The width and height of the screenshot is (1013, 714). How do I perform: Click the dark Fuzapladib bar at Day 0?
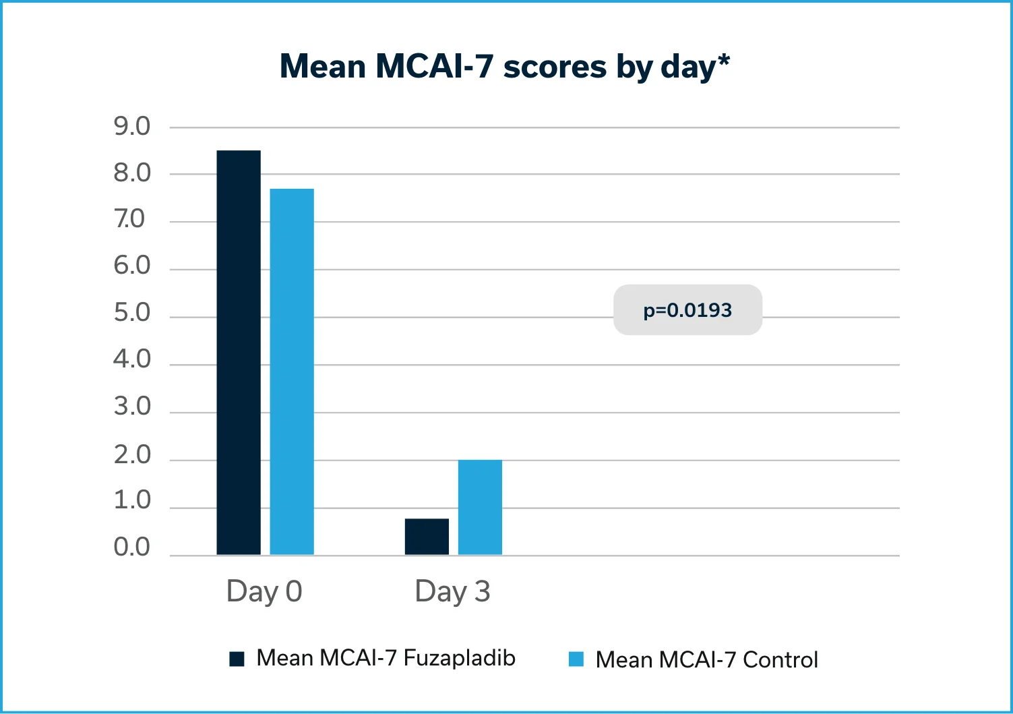coord(239,353)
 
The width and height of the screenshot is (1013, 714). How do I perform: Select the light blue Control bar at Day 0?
coord(292,371)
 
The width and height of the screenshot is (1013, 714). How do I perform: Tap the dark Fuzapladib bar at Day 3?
coord(427,537)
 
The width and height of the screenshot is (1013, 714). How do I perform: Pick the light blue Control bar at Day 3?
coord(480,507)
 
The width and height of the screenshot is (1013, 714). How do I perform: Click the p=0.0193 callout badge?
coord(687,310)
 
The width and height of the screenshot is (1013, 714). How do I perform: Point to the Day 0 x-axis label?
coord(264,591)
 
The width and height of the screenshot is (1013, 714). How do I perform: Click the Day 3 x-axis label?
coord(452,591)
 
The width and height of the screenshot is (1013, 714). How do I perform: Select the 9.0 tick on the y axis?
coord(132,126)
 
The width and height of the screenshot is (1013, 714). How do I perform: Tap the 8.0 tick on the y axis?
coord(132,173)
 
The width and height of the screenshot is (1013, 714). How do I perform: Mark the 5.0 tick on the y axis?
coord(132,313)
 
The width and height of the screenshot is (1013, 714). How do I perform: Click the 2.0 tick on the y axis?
coord(132,455)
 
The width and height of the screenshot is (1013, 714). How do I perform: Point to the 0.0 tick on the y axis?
coord(132,547)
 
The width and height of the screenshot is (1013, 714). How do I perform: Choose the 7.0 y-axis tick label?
coord(129,219)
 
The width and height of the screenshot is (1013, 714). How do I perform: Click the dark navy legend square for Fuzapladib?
coord(237,659)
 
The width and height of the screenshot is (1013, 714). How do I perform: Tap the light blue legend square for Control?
coord(576,659)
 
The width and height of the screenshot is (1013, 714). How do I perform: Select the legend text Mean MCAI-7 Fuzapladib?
coord(386,658)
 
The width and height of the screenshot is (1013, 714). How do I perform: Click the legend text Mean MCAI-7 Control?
coord(706,659)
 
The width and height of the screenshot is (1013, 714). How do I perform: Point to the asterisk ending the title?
coord(724,60)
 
